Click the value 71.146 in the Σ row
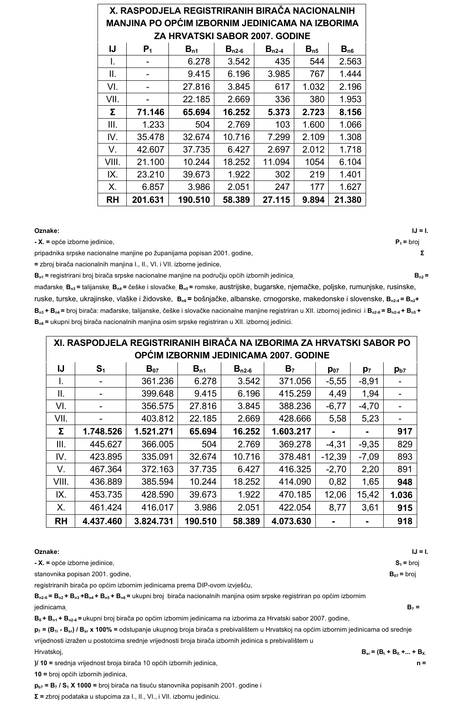point(148,112)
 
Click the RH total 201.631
point(148,199)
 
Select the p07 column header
point(333,369)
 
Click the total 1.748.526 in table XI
point(102,431)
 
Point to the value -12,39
point(334,457)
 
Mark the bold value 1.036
point(401,495)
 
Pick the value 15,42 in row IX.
point(368,495)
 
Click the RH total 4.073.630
point(291,521)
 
